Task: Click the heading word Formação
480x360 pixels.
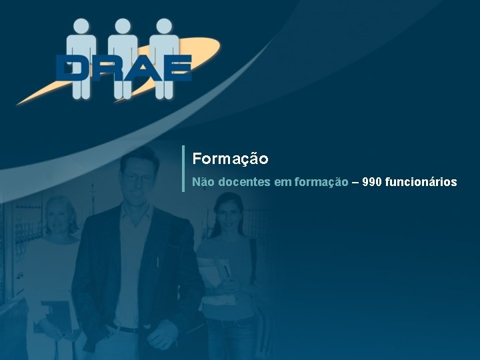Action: click(x=230, y=159)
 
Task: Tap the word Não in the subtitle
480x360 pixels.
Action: click(x=203, y=181)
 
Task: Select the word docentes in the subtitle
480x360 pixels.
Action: click(x=243, y=181)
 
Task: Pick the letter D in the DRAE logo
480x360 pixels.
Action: click(x=73, y=68)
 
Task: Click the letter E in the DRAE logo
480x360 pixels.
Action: click(x=175, y=68)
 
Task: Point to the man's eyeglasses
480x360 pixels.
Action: click(x=138, y=177)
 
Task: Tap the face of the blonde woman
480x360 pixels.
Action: click(x=61, y=217)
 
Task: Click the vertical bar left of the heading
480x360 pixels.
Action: click(x=183, y=169)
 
